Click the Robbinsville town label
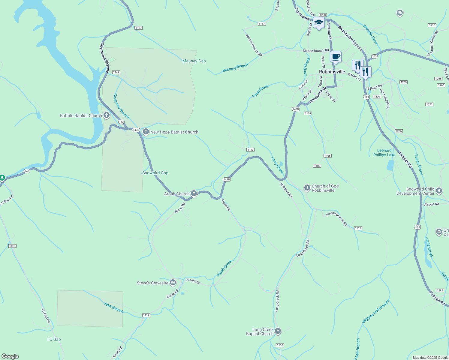(332, 72)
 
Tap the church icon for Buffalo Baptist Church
(106, 115)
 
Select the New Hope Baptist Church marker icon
(146, 132)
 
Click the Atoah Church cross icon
(194, 193)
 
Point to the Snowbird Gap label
(155, 173)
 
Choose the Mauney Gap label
(194, 61)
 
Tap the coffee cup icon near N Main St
(336, 57)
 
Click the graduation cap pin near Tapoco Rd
(319, 23)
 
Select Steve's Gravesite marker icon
(173, 283)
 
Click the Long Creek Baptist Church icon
(278, 331)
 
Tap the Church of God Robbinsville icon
(307, 188)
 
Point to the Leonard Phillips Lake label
(384, 153)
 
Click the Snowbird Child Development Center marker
(439, 191)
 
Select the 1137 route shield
(138, 28)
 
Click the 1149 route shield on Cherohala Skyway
(116, 72)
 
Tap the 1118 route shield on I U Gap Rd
(12, 246)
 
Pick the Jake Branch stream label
(113, 307)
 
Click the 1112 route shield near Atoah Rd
(146, 315)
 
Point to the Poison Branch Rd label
(336, 218)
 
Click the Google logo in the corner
(10, 356)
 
